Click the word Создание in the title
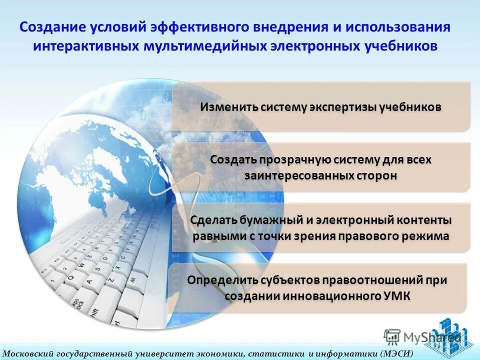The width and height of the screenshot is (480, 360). tap(52, 27)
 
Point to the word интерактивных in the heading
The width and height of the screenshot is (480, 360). tap(86, 46)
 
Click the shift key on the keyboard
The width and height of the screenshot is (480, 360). tap(93, 312)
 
